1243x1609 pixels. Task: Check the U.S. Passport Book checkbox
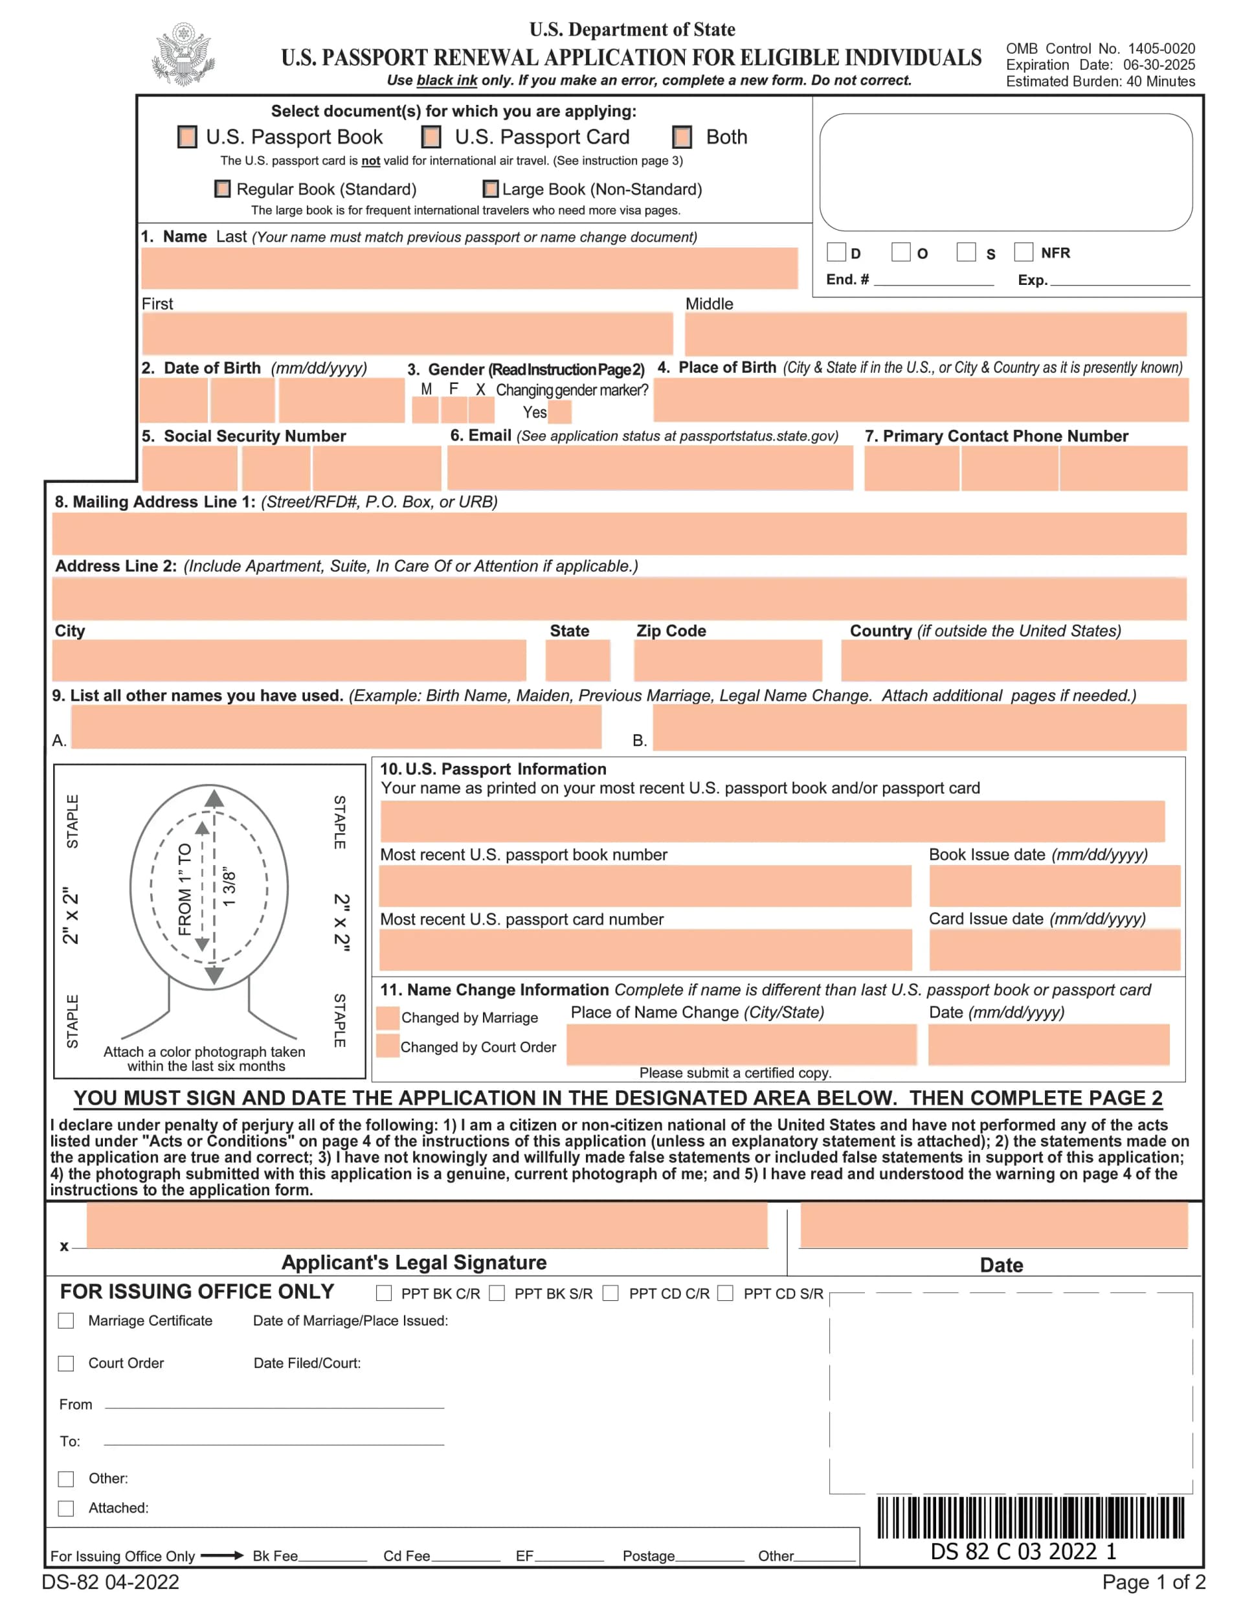[187, 137]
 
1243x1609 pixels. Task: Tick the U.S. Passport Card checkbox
[431, 137]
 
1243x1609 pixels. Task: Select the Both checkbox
[682, 137]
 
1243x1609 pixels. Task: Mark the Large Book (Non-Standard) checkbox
[490, 189]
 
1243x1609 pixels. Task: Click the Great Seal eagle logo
[183, 54]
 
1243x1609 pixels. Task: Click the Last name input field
[469, 268]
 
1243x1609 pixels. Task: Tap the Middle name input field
[935, 333]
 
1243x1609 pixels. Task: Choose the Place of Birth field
[921, 400]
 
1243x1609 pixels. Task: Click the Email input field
[650, 468]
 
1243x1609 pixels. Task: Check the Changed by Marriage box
[388, 1017]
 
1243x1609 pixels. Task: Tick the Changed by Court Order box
[388, 1046]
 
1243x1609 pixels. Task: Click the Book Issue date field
[1054, 886]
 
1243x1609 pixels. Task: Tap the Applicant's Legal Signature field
[427, 1226]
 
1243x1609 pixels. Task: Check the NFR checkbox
[1023, 252]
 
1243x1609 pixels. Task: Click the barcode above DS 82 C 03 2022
[1030, 1518]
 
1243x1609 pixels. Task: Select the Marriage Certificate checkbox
[66, 1321]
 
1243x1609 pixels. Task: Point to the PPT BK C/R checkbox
[384, 1294]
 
